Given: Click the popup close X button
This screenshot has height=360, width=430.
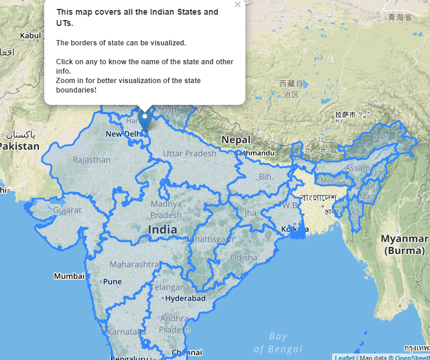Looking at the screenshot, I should tap(238, 5).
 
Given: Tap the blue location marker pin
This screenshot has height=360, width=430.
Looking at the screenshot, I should tap(145, 120).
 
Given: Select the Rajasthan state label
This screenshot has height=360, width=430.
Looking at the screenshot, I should tap(91, 160).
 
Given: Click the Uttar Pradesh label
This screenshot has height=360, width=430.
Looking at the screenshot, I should tap(189, 153).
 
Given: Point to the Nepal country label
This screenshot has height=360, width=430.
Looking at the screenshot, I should tap(237, 140).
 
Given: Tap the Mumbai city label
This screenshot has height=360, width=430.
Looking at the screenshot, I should tap(69, 276).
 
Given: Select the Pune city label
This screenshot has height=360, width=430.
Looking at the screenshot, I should tap(112, 281).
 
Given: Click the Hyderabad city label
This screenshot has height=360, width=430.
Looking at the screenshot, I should tap(185, 299).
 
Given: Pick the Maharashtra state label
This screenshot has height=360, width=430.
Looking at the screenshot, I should tap(133, 264).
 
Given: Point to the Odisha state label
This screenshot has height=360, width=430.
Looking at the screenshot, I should tap(244, 257).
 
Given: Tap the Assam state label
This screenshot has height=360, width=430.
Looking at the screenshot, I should tap(357, 169).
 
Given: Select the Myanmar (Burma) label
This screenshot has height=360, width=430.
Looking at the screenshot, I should tap(405, 244).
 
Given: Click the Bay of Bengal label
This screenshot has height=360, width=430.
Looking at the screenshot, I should tap(278, 343).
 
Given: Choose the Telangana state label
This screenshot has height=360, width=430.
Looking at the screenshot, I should tap(170, 288).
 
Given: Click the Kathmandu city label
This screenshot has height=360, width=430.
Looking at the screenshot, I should tap(256, 153).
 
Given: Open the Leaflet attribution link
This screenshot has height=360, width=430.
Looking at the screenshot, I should tap(344, 357).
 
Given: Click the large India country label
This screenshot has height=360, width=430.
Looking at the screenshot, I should tap(162, 229).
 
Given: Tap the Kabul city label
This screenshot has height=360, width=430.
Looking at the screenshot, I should tap(31, 36).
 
